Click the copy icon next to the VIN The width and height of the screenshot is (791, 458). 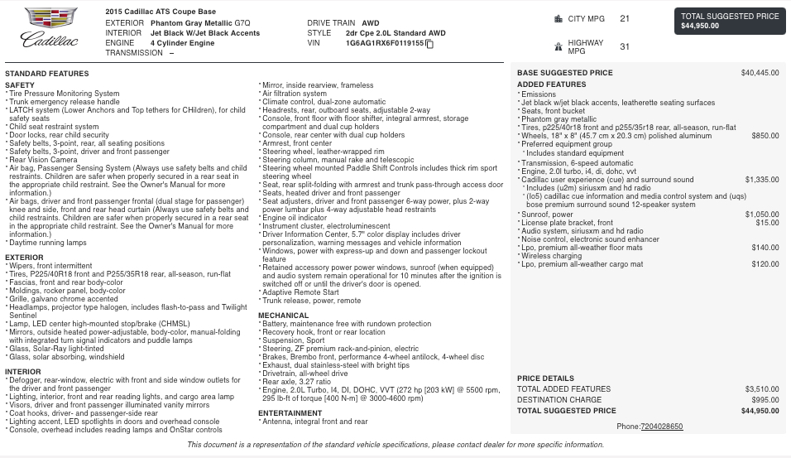(x=429, y=44)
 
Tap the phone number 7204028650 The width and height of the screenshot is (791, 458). (x=661, y=427)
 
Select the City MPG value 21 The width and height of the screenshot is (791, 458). (x=624, y=18)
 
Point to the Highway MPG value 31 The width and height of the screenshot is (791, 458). (x=624, y=47)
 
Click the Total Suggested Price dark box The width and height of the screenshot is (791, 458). (x=731, y=21)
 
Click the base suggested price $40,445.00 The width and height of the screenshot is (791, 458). (x=760, y=73)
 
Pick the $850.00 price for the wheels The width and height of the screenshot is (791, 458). (x=765, y=136)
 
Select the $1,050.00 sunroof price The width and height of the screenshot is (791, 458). (x=762, y=215)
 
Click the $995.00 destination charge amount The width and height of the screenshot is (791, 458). (x=765, y=400)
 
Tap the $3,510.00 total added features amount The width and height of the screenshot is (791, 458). (x=761, y=389)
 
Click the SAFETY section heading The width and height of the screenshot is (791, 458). (x=20, y=85)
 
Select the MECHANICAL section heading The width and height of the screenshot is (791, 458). (x=283, y=316)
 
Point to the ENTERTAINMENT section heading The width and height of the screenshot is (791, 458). (x=290, y=412)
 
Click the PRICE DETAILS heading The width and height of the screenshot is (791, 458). (x=545, y=378)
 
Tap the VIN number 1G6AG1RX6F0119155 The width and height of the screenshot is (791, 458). (x=385, y=43)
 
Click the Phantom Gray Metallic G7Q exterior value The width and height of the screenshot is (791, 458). (x=189, y=23)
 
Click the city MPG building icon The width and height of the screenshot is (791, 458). (x=559, y=18)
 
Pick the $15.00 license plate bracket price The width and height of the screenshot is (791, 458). (x=767, y=223)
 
